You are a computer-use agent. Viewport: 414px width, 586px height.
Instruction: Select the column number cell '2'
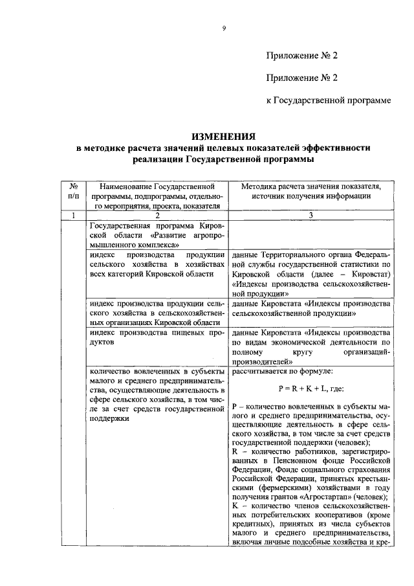point(157,215)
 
